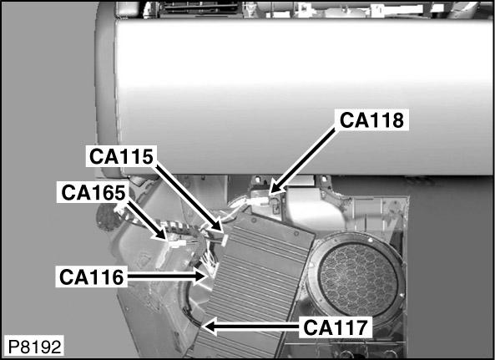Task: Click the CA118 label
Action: click(x=371, y=120)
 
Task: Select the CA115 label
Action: click(x=121, y=156)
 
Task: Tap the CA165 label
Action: click(x=93, y=192)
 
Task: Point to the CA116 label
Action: click(x=91, y=277)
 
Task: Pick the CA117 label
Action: click(x=336, y=327)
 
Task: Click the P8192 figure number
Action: click(x=34, y=347)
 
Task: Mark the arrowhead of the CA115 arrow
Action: click(x=216, y=226)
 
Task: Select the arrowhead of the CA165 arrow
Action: click(x=161, y=235)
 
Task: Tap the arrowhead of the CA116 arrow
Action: click(x=201, y=276)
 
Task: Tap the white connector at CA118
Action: click(x=260, y=200)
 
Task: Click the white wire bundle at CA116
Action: click(x=210, y=264)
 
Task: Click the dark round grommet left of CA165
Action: click(x=108, y=216)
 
